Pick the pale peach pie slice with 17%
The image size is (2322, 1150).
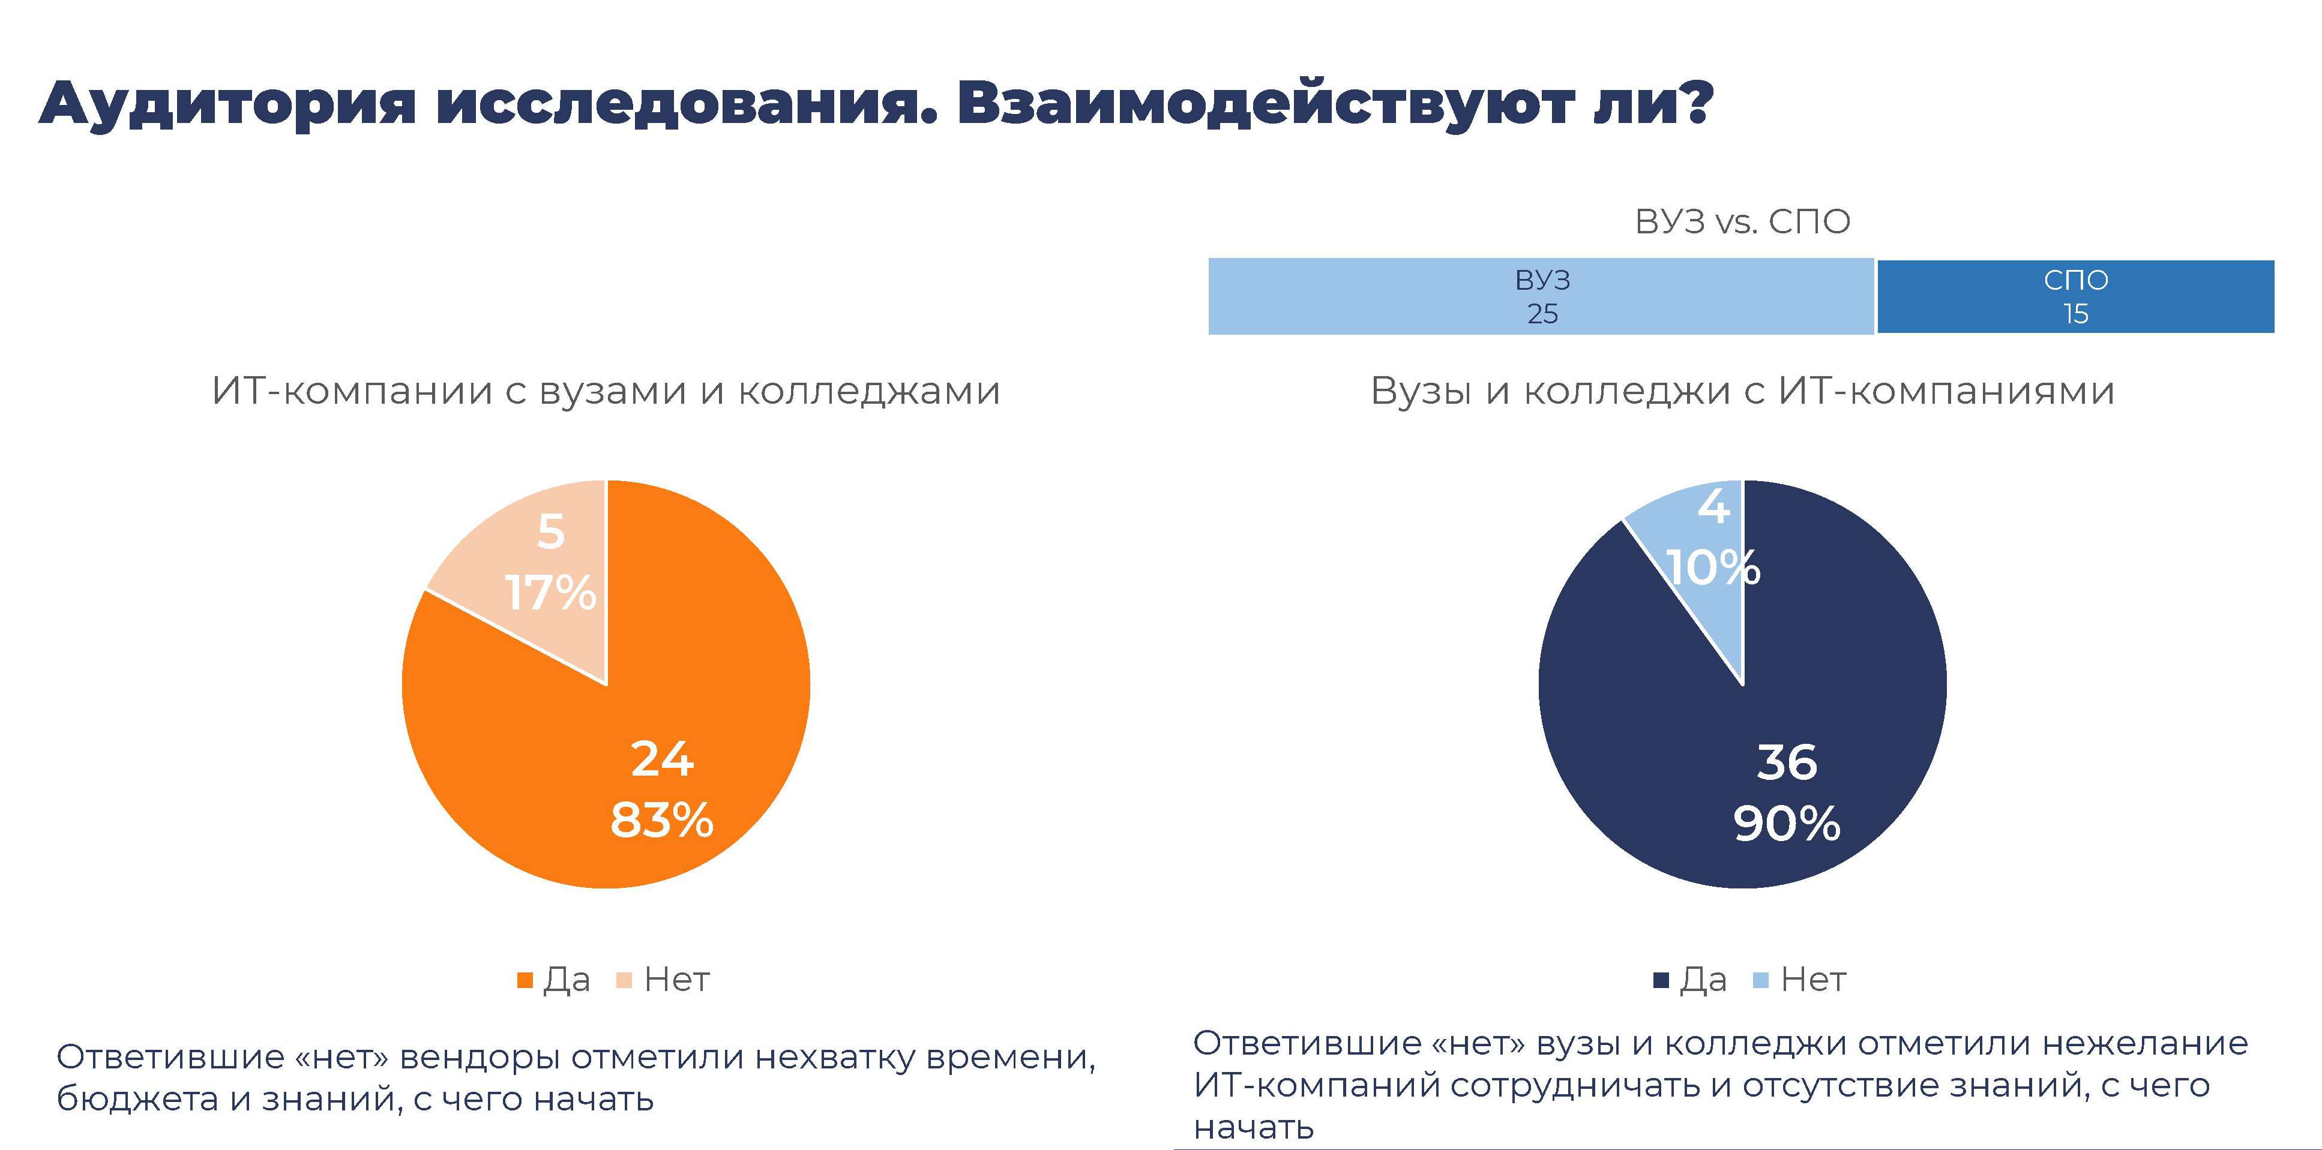click(541, 577)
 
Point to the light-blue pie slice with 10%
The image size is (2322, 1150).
click(1704, 559)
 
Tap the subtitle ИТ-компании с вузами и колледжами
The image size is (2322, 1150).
click(606, 391)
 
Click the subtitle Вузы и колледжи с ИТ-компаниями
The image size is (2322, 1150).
click(1742, 391)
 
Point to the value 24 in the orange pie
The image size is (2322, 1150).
click(663, 759)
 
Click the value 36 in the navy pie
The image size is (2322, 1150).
click(1787, 762)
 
